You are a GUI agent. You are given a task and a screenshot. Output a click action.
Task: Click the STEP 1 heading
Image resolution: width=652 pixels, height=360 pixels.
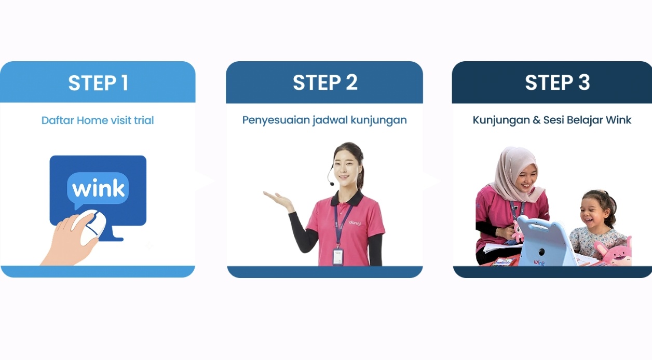99,83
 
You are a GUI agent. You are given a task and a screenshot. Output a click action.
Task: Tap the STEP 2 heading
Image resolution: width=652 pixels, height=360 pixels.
325,82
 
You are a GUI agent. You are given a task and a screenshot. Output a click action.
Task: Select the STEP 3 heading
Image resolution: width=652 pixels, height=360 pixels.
558,82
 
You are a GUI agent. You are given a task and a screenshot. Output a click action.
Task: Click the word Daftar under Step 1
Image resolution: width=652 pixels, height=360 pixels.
58,120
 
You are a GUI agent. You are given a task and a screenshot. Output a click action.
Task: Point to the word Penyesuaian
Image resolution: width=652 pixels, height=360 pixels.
276,120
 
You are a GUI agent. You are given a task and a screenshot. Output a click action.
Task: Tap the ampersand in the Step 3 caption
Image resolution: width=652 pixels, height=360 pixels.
536,120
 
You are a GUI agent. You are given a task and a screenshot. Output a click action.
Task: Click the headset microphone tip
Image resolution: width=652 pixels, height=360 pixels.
332,184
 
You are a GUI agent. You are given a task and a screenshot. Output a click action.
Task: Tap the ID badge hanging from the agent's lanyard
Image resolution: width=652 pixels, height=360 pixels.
338,257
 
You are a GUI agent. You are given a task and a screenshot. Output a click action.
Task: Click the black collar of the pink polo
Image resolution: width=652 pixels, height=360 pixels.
347,199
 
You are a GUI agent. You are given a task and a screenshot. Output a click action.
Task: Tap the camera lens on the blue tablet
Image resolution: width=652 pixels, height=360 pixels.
541,252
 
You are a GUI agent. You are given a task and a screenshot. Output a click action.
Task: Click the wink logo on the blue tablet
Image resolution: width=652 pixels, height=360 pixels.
539,262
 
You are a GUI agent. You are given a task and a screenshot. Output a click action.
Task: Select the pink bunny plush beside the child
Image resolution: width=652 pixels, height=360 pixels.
614,251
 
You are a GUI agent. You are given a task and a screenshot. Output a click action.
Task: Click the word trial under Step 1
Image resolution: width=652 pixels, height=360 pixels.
144,120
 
